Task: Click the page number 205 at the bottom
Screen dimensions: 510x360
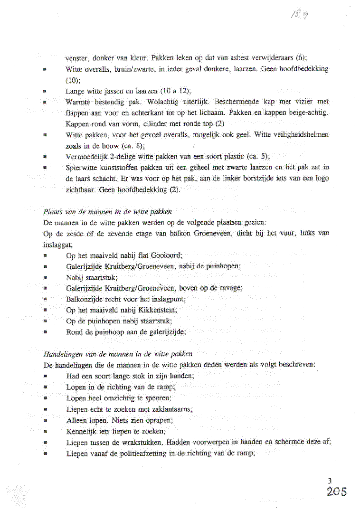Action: (337, 492)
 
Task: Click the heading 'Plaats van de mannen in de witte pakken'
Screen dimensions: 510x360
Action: (107, 212)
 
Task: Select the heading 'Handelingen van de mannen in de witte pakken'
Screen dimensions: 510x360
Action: (118, 354)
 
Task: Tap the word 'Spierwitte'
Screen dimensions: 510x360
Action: (82, 167)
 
